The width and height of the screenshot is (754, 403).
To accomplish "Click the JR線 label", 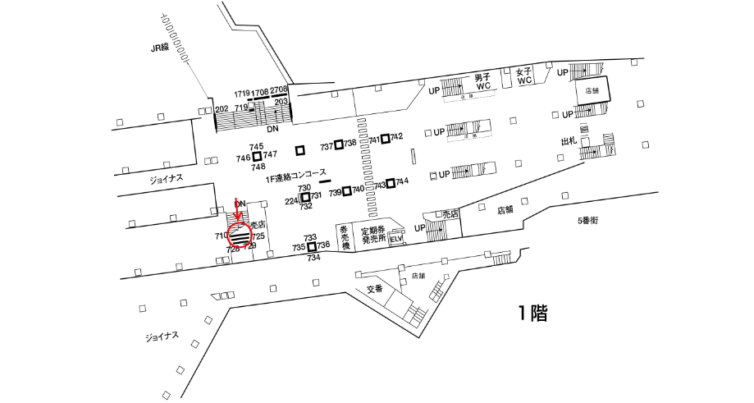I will pyautogui.click(x=159, y=48).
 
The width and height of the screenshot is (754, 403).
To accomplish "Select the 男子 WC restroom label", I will pyautogui.click(x=482, y=81).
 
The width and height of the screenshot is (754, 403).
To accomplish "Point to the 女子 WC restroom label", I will pyautogui.click(x=525, y=76).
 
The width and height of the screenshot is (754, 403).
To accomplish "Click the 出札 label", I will pyautogui.click(x=569, y=141).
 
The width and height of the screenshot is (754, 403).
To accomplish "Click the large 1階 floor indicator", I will pyautogui.click(x=532, y=313).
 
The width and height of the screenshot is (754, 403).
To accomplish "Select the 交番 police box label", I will pyautogui.click(x=375, y=288).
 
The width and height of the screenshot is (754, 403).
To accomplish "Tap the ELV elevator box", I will pyautogui.click(x=397, y=240).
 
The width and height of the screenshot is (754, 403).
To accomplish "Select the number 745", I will pyautogui.click(x=256, y=146).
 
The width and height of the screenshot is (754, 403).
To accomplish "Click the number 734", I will pyautogui.click(x=313, y=258).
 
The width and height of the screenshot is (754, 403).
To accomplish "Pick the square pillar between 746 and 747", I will pyautogui.click(x=257, y=156).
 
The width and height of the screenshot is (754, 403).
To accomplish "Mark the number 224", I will pyautogui.click(x=291, y=201).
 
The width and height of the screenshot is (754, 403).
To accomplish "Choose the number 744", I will pyautogui.click(x=402, y=181).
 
